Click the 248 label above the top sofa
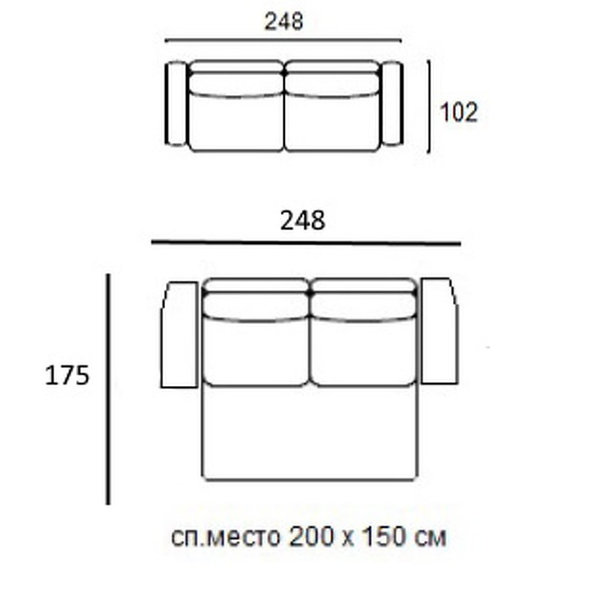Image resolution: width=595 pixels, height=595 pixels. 284,22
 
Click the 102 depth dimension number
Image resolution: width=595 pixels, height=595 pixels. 458,112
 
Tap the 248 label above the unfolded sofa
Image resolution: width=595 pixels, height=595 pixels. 303,220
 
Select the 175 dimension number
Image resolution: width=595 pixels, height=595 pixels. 67,376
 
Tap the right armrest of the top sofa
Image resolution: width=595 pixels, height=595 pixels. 392,104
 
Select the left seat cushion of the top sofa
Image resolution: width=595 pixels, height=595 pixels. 236,121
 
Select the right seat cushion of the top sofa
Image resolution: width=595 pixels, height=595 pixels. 332,121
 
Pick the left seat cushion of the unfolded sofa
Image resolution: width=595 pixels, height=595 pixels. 256,350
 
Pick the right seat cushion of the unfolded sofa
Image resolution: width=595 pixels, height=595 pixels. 362,350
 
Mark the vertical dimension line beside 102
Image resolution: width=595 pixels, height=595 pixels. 429,106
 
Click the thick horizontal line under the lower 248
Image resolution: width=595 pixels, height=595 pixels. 306,243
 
